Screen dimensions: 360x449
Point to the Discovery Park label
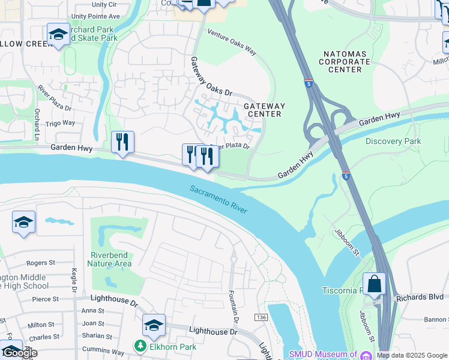(x=393, y=142)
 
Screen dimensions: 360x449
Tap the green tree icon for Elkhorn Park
(x=140, y=346)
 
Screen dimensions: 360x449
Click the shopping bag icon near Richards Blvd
(x=374, y=283)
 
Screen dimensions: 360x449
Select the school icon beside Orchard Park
(x=58, y=34)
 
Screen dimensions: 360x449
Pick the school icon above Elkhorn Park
(x=154, y=325)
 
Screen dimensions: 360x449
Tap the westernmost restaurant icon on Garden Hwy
(x=122, y=142)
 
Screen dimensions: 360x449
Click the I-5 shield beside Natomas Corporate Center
(x=308, y=85)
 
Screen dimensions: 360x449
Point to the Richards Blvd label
(x=420, y=296)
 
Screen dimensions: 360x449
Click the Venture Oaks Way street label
(x=232, y=42)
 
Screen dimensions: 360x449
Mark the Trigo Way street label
(x=61, y=123)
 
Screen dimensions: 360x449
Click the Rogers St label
(x=41, y=263)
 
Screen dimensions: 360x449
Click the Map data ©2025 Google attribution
(x=412, y=355)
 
